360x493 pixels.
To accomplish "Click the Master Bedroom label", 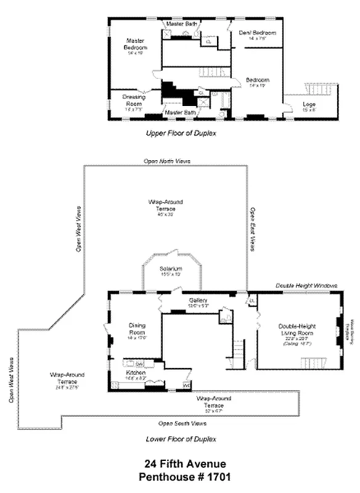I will pyautogui.click(x=136, y=44).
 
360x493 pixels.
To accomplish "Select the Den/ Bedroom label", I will pyautogui.click(x=257, y=33).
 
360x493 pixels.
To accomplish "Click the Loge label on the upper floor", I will pyautogui.click(x=309, y=105).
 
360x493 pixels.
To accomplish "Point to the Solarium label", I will pyautogui.click(x=171, y=270).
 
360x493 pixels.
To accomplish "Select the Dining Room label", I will pyautogui.click(x=137, y=328).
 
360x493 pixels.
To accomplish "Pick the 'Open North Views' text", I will pyautogui.click(x=167, y=161).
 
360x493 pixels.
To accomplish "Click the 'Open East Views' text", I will pyautogui.click(x=252, y=228).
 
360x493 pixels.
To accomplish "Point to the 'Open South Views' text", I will pyautogui.click(x=182, y=423).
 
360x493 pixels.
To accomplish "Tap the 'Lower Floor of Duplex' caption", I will pyautogui.click(x=181, y=439).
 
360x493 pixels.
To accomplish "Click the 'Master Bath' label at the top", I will pyautogui.click(x=182, y=23).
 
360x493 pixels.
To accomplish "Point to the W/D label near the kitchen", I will pyautogui.click(x=186, y=386).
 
